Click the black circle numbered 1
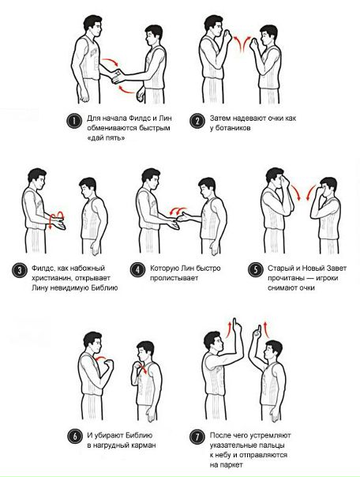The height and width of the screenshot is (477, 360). pyautogui.click(x=74, y=122)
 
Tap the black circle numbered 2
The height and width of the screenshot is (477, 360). pyautogui.click(x=197, y=122)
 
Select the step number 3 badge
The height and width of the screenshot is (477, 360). pyautogui.click(x=19, y=270)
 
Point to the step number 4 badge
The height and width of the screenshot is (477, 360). pyautogui.click(x=137, y=270)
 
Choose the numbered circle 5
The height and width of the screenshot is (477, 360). pyautogui.click(x=256, y=270)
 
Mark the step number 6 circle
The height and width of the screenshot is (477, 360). pyautogui.click(x=74, y=437)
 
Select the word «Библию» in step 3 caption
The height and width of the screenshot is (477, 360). pyautogui.click(x=104, y=287)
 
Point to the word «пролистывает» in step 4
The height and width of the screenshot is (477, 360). pyautogui.click(x=174, y=278)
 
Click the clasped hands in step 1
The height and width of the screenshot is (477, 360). pyautogui.click(x=117, y=76)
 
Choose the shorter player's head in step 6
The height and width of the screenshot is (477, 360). pyautogui.click(x=145, y=351)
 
